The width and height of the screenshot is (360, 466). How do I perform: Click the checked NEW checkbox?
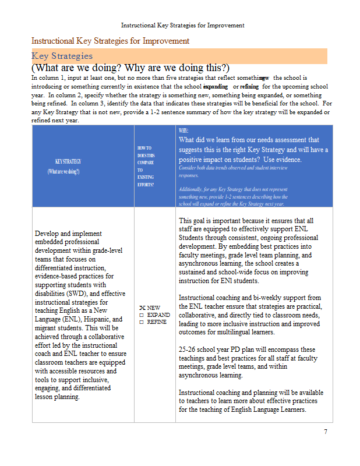[x=142, y=308]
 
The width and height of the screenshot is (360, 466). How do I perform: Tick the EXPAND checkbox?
[x=142, y=315]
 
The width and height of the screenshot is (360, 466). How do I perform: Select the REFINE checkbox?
[x=142, y=322]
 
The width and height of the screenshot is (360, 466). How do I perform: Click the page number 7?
[x=326, y=432]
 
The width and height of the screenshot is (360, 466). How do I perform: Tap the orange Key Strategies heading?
[x=62, y=56]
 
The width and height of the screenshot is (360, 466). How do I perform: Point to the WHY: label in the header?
[x=184, y=132]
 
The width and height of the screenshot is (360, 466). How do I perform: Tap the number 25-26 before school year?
[x=188, y=349]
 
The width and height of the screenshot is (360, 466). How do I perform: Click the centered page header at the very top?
[x=182, y=26]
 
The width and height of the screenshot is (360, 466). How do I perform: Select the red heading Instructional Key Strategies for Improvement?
[x=110, y=41]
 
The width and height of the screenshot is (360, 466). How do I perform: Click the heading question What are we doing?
[x=77, y=68]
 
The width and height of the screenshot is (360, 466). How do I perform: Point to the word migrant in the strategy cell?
[x=47, y=328]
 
